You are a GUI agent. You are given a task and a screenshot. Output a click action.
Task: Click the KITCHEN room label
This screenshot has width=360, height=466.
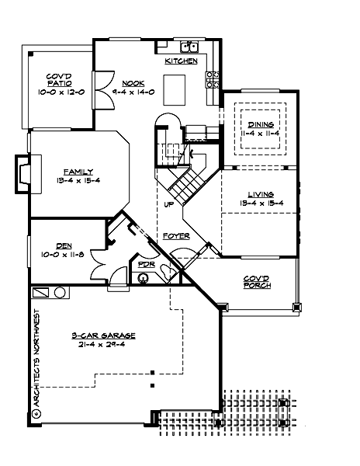tap(181, 61)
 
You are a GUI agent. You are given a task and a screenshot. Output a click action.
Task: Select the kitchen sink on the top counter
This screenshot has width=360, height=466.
tap(187, 46)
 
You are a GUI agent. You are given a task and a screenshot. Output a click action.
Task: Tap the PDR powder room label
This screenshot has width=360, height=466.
tap(145, 265)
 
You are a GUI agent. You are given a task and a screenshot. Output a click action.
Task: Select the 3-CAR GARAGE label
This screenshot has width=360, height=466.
tap(103, 335)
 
